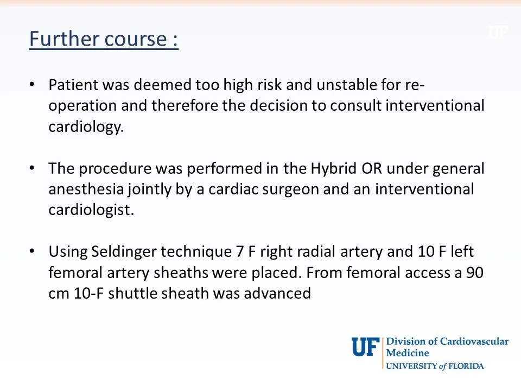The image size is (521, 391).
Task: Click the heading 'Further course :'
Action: click(103, 40)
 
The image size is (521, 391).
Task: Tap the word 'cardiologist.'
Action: click(91, 210)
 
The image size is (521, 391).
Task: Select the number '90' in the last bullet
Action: click(475, 273)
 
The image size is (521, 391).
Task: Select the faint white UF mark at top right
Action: click(497, 33)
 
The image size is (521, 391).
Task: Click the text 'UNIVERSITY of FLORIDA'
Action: click(435, 366)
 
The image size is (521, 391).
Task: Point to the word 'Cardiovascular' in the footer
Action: click(474, 342)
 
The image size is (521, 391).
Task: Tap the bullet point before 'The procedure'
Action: click(32, 168)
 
